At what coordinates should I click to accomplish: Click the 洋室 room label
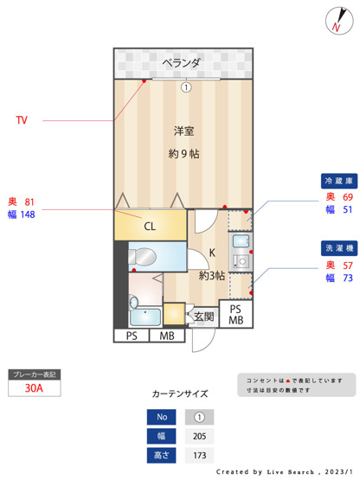click(x=183, y=131)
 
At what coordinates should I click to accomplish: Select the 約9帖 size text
click(x=183, y=154)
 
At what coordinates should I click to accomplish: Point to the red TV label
click(x=21, y=120)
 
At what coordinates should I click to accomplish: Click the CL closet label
click(x=150, y=227)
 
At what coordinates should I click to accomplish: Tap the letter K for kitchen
click(x=211, y=253)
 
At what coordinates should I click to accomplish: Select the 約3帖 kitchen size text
click(x=212, y=277)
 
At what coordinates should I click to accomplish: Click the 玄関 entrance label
click(x=203, y=317)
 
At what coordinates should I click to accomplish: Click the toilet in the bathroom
click(x=146, y=256)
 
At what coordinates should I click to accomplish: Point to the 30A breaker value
click(x=34, y=389)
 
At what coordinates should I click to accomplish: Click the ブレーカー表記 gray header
click(x=34, y=374)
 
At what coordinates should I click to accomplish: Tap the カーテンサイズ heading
click(x=180, y=394)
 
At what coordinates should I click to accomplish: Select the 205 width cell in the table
click(x=200, y=436)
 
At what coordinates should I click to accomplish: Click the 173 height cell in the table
click(x=200, y=455)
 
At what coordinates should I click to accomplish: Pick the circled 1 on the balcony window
click(x=184, y=86)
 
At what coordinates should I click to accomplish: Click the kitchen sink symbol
click(x=241, y=243)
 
